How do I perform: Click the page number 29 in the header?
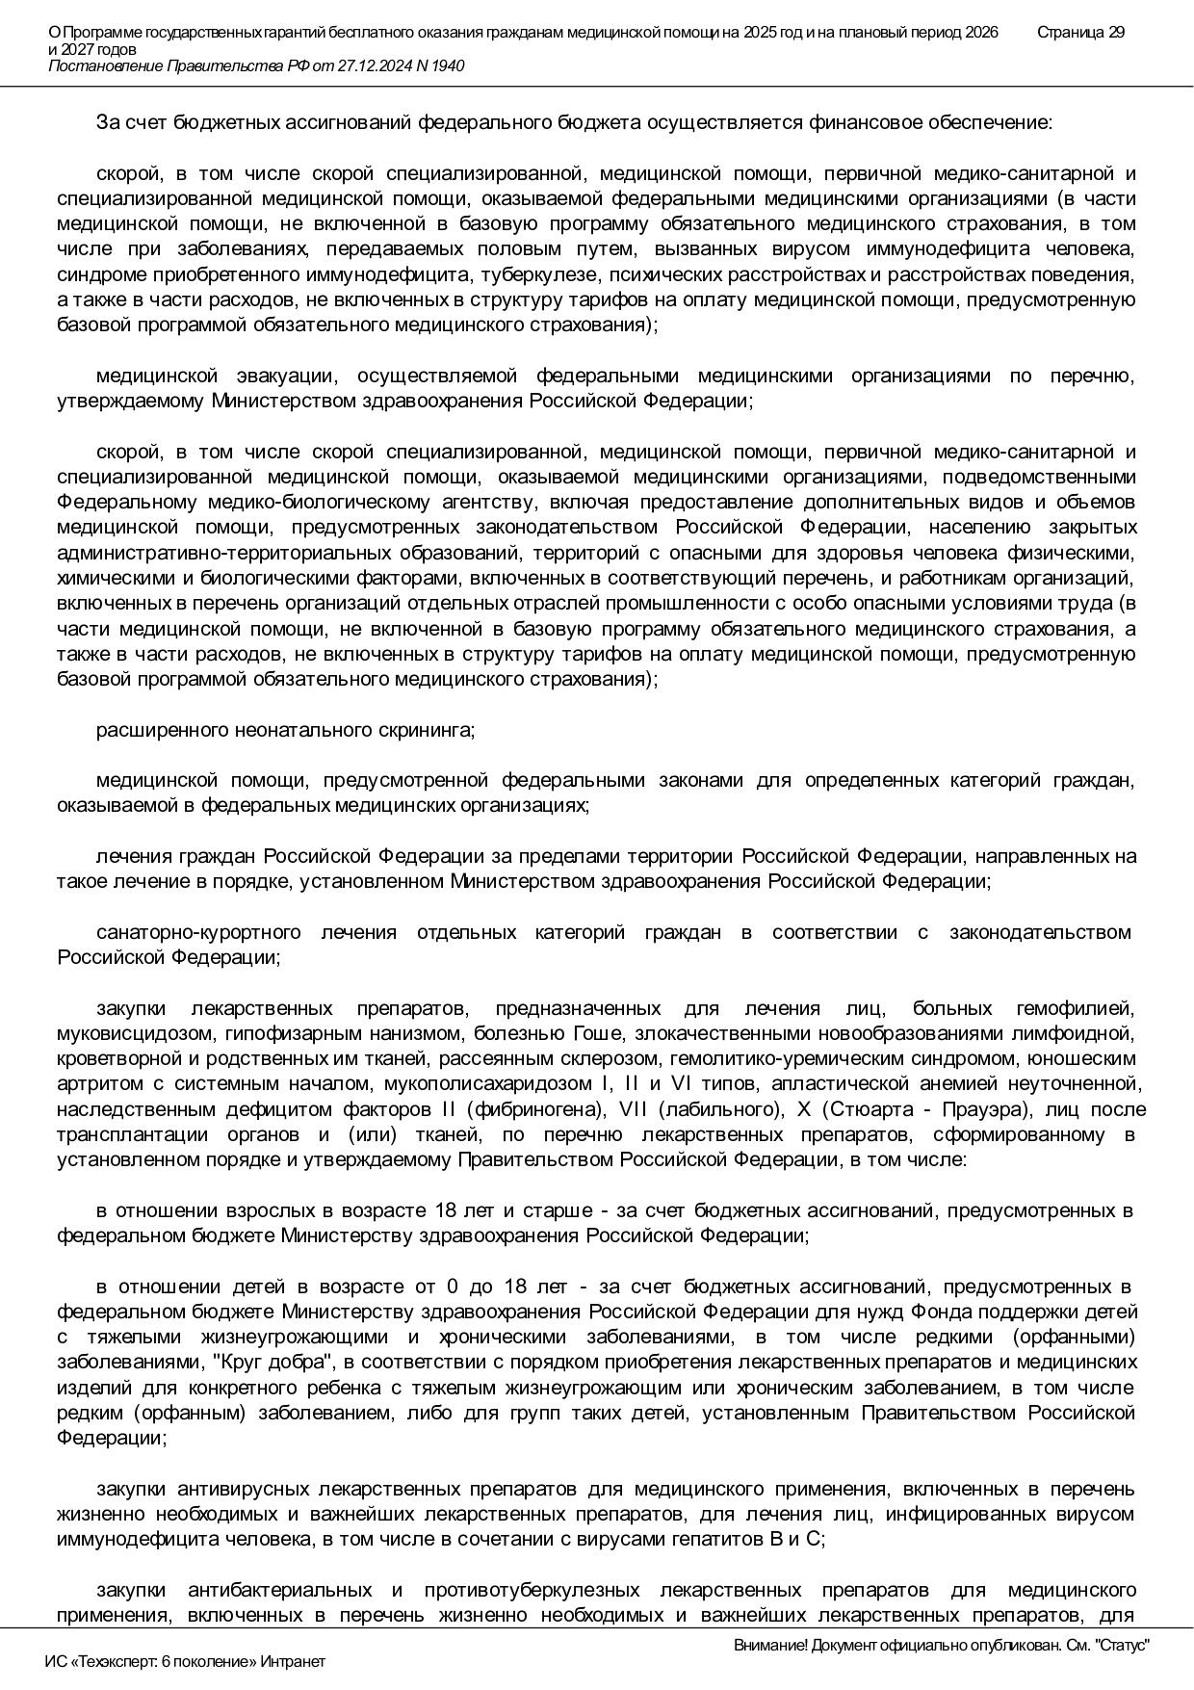(x=1116, y=33)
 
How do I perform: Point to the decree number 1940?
(x=448, y=65)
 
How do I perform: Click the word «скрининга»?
(x=430, y=730)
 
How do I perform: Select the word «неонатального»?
(x=302, y=730)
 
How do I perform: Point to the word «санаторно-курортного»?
(x=198, y=932)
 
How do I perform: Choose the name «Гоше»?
(x=597, y=1034)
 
